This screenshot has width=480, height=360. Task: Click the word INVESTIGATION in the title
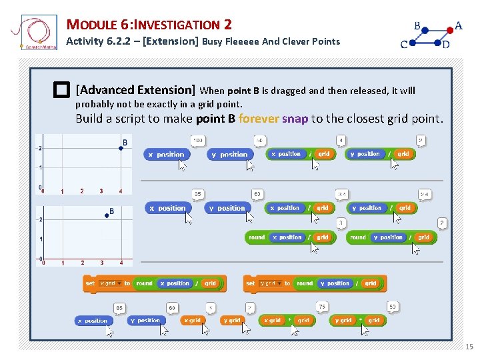point(177,25)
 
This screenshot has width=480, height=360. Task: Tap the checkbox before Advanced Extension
point(63,90)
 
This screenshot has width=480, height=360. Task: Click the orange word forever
point(259,119)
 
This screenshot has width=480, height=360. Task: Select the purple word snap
point(295,119)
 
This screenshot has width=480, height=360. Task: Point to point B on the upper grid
point(121,148)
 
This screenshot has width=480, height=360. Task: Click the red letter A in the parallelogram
point(458,27)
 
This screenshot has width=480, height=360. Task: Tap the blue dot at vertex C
point(413,43)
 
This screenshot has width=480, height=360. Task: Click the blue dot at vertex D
point(438,43)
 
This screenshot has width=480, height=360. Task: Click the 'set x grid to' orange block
point(107,283)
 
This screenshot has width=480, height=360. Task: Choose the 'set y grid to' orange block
point(266,283)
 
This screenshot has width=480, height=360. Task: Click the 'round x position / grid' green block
point(290,237)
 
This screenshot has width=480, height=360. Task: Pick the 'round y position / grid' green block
point(391,237)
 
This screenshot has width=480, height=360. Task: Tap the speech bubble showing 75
point(322,307)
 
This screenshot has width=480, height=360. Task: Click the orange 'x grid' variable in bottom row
point(193,321)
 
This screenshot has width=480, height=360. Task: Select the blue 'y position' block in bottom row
point(147,321)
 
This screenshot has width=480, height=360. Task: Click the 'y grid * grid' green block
point(357,321)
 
